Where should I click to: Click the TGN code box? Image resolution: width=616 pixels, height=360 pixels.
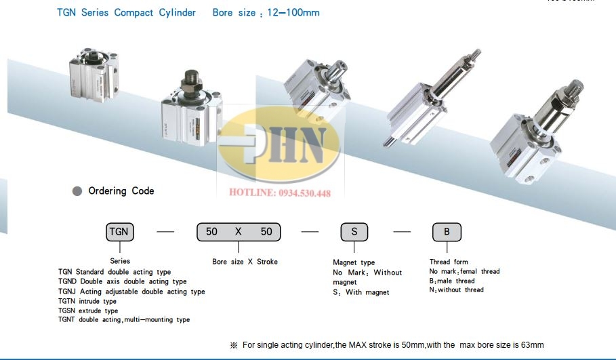click(120, 232)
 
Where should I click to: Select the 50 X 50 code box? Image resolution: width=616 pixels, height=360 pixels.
click(239, 232)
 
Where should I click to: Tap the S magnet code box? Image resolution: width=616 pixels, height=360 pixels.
click(354, 232)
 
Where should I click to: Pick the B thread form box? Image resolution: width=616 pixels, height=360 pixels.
click(447, 232)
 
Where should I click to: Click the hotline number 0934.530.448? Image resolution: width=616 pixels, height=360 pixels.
click(304, 193)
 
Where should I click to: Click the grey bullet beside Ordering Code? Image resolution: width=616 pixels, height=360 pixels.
click(77, 191)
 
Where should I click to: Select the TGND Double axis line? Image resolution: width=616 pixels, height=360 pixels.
click(123, 281)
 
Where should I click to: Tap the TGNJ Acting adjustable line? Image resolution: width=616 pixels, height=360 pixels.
click(131, 292)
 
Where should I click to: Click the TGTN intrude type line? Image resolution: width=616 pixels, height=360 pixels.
click(87, 302)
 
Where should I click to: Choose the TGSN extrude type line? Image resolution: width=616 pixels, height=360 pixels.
click(88, 311)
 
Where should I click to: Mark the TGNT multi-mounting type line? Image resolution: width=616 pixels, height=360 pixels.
click(124, 319)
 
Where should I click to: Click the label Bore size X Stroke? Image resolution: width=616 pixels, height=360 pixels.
click(245, 262)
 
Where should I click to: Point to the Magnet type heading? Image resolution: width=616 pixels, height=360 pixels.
click(354, 262)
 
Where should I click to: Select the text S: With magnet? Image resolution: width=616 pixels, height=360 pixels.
click(361, 292)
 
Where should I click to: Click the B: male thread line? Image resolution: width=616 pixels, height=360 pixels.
click(452, 281)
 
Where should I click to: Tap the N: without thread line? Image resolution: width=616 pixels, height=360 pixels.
click(457, 290)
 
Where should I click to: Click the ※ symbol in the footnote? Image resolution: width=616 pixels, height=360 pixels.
click(234, 345)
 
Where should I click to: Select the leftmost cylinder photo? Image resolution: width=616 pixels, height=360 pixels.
click(94, 75)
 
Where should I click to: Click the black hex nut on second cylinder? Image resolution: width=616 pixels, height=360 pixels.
click(191, 83)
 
